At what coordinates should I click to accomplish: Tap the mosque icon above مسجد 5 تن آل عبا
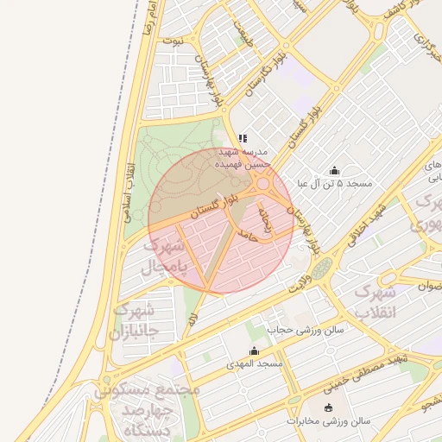tap(335, 171)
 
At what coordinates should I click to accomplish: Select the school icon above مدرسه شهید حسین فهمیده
tap(243, 138)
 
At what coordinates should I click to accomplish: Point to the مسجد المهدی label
tap(254, 364)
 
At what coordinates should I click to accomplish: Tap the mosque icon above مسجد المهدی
tap(254, 351)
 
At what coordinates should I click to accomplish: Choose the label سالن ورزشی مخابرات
tap(328, 421)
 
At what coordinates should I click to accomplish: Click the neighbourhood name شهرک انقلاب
tap(377, 301)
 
